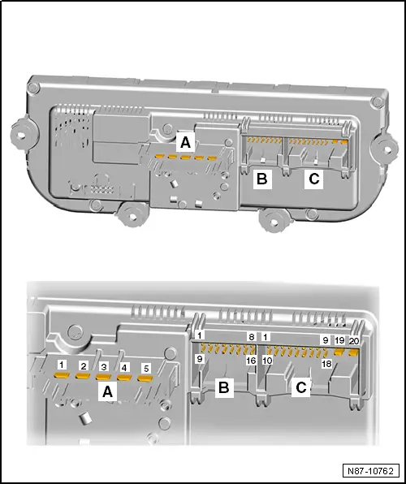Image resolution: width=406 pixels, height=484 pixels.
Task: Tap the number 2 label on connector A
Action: point(83,366)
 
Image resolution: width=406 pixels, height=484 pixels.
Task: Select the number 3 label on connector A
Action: point(104,367)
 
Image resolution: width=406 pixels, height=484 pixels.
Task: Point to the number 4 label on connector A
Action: point(124,368)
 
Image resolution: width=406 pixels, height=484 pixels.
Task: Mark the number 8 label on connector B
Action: point(252,337)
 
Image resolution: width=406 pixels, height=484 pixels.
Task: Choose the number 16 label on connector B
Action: point(252,360)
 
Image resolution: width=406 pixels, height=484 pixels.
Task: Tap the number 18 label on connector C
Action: point(326,365)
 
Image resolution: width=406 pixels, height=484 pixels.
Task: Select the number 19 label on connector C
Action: point(339,341)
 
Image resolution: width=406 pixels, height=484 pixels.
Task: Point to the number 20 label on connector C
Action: point(353,341)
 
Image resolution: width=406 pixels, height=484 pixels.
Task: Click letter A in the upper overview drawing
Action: point(185,143)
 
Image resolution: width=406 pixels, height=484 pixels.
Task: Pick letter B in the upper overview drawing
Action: point(261,179)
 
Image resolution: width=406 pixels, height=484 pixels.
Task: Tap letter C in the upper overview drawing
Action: point(313,179)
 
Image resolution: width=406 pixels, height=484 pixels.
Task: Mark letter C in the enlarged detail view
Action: point(300,389)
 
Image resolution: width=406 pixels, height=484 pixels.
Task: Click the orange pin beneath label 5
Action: point(145,379)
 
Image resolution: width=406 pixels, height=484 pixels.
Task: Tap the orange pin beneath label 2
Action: point(83,377)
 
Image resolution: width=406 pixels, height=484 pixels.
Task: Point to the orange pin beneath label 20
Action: point(353,353)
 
